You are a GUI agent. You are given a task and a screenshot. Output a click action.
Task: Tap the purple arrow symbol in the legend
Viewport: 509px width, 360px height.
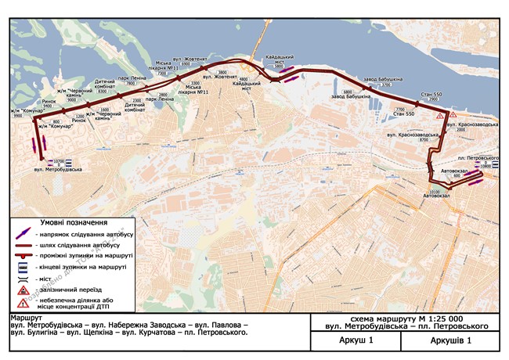coord(27,234)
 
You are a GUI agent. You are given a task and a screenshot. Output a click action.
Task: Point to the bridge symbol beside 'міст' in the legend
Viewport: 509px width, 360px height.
coord(27,277)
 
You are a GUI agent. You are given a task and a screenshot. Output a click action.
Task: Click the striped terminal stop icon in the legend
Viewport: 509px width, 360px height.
coord(27,267)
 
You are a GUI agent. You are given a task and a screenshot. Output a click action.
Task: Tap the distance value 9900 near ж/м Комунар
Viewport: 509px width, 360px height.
coord(29,115)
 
